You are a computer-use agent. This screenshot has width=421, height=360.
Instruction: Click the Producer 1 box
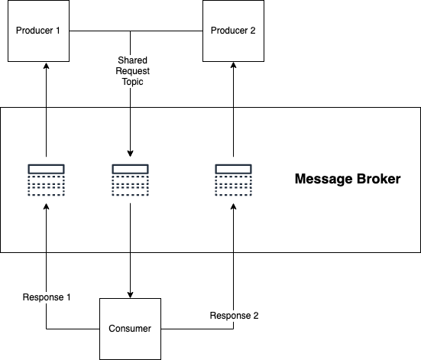tap(38, 31)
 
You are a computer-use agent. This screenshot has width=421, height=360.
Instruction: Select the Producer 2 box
tap(233, 31)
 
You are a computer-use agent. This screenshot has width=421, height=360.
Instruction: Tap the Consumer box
tap(130, 329)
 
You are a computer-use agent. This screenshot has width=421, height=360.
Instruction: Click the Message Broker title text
tap(348, 179)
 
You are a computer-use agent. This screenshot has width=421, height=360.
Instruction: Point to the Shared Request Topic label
tap(132, 71)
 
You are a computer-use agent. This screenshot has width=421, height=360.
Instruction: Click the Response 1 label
tap(47, 297)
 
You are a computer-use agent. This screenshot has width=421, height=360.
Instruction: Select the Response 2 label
tap(234, 316)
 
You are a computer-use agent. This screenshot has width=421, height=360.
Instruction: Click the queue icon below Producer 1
tap(46, 180)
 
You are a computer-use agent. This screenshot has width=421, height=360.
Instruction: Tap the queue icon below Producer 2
tap(233, 180)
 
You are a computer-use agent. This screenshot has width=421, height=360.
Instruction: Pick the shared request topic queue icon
tap(130, 180)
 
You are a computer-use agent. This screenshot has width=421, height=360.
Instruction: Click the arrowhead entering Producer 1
tap(46, 65)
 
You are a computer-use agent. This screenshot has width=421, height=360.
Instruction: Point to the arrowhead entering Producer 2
tap(233, 65)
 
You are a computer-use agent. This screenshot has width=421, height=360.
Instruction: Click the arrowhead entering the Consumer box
tap(130, 295)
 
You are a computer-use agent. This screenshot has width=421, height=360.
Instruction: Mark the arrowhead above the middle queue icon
tap(130, 154)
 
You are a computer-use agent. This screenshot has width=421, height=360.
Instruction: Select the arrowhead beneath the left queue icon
tap(46, 206)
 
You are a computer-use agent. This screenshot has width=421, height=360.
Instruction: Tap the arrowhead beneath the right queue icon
tap(233, 206)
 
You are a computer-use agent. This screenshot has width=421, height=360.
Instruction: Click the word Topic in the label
tap(132, 82)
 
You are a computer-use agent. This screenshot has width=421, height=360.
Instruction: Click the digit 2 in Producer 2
tap(253, 31)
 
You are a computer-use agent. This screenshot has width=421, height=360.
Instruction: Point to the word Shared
tap(132, 60)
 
